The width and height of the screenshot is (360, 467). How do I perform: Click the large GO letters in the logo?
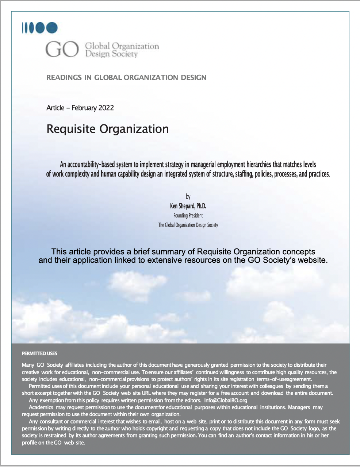click(62, 49)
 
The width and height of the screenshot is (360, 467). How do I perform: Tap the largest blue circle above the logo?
click(52, 28)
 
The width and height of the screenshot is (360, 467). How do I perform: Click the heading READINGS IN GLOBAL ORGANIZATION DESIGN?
click(126, 77)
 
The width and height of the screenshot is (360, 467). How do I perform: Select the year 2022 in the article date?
click(106, 108)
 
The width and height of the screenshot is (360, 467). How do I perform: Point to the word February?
click(84, 108)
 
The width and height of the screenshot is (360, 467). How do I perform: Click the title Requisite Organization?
click(108, 129)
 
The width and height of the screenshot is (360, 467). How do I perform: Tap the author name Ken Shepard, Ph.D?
click(188, 206)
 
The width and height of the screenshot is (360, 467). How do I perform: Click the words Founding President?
click(188, 216)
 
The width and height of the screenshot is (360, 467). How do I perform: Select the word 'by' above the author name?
click(188, 197)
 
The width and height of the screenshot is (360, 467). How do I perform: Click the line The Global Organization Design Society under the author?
click(188, 225)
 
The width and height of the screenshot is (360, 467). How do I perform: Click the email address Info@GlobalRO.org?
click(226, 400)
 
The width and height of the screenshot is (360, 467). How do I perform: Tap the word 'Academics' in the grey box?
click(41, 407)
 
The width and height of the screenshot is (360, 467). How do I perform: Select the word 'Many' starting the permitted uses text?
click(28, 365)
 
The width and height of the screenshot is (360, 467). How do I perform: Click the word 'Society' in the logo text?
click(125, 54)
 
